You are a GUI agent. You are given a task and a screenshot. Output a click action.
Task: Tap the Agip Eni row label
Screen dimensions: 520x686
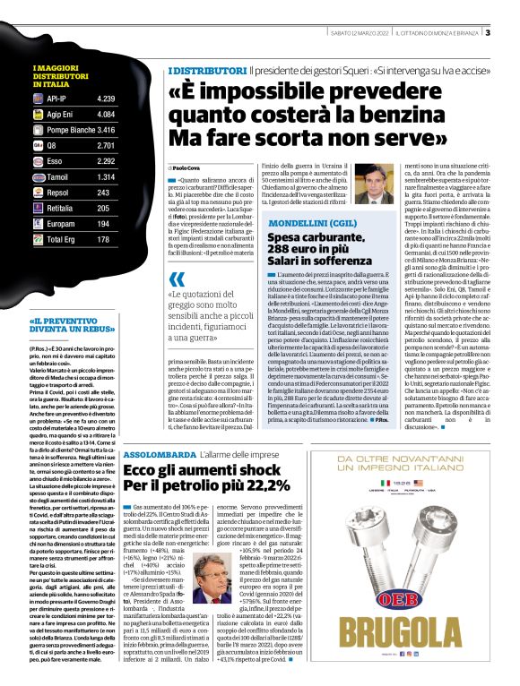point(60,114)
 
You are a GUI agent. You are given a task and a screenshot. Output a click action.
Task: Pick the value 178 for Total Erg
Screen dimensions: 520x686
point(102,240)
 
